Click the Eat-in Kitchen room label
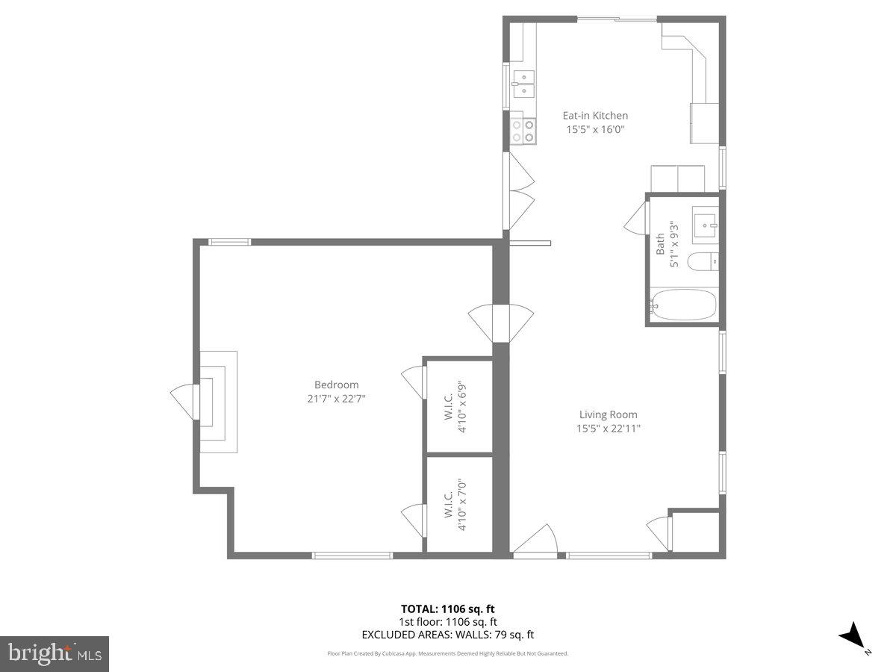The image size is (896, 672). (x=595, y=116)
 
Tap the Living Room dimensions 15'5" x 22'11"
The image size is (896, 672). (x=608, y=429)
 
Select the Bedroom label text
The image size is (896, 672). (x=336, y=385)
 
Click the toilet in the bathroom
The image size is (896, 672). (x=702, y=261)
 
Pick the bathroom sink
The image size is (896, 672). (x=704, y=223)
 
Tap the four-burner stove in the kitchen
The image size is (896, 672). (x=523, y=131)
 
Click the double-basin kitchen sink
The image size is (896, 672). (x=523, y=83)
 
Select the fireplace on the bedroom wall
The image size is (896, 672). (x=217, y=401)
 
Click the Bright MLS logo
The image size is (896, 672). (x=55, y=653)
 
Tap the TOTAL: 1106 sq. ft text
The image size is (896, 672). (x=447, y=609)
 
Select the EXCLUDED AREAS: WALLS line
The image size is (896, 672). (x=447, y=635)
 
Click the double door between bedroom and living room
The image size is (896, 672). (x=500, y=323)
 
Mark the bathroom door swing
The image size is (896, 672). (x=635, y=218)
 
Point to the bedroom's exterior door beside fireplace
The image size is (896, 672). (x=185, y=402)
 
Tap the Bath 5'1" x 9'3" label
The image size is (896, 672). (x=666, y=244)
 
